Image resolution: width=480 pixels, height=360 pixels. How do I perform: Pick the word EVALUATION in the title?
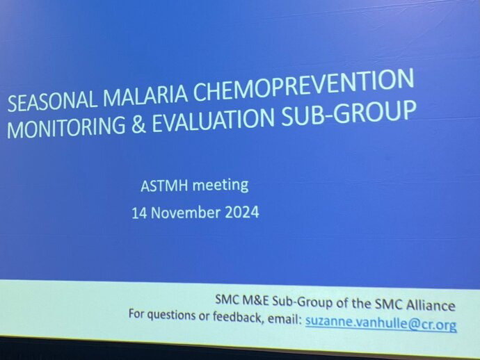213,120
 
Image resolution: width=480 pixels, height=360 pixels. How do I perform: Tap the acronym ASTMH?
164,186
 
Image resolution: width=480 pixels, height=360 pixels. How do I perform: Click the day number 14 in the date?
139,213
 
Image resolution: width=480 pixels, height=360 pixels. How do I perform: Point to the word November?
186,213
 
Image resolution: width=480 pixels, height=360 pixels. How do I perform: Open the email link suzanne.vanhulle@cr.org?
381,324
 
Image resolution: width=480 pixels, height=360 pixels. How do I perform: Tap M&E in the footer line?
255,301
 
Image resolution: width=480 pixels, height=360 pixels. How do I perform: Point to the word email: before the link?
285,319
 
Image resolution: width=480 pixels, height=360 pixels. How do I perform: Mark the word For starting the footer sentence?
136,313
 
